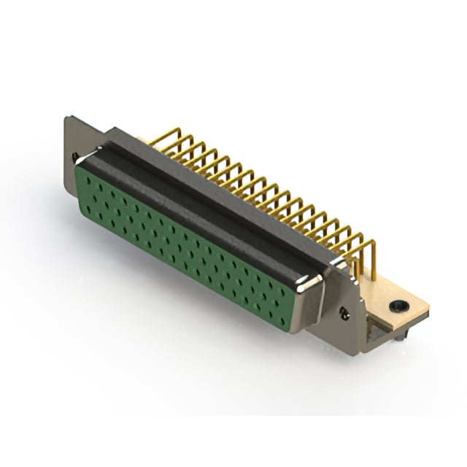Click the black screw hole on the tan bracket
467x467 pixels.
[398, 306]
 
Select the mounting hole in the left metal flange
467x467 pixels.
[76, 156]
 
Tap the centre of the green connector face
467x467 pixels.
[186, 241]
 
